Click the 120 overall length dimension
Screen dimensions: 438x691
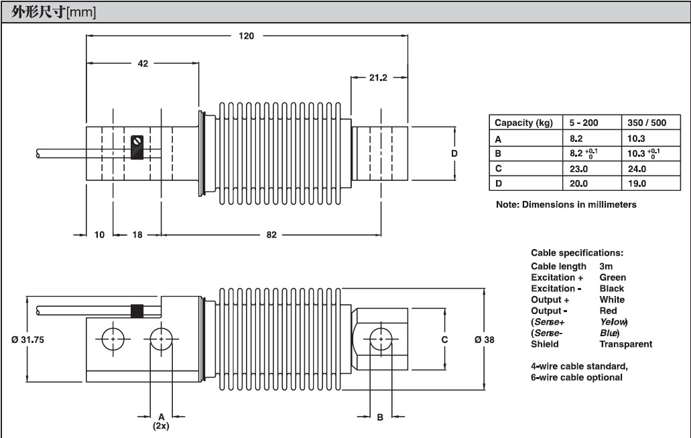pyautogui.click(x=247, y=36)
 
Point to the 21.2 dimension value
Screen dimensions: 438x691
pyautogui.click(x=378, y=78)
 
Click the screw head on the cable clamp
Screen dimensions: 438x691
pyautogui.click(x=138, y=141)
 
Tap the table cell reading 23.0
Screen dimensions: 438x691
pyautogui.click(x=578, y=169)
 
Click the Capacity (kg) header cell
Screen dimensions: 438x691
pyautogui.click(x=523, y=123)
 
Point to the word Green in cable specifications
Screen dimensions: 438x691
pyautogui.click(x=613, y=277)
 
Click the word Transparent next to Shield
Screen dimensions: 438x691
pyautogui.click(x=625, y=344)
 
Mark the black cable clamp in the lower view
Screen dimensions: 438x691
pyautogui.click(x=138, y=311)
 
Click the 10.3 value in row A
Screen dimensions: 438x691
pyautogui.click(x=636, y=139)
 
